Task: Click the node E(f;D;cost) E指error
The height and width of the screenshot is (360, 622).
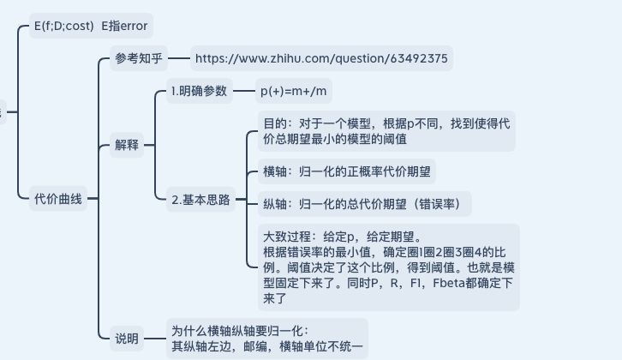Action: point(89,26)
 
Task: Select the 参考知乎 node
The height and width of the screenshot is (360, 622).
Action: point(138,59)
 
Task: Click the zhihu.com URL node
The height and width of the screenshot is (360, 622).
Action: point(321,59)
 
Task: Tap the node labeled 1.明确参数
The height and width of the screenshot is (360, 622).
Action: point(199,91)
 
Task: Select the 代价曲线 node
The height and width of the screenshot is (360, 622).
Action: point(58,200)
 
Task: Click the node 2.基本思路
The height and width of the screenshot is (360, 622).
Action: point(200,200)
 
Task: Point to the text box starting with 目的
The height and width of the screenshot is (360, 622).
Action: point(387,130)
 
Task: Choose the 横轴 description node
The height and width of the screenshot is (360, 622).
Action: point(349,171)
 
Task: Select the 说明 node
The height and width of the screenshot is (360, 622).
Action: point(126,339)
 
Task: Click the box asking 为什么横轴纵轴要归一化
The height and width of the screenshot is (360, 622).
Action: point(266,339)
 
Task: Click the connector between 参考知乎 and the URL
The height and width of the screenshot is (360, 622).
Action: point(178,59)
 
